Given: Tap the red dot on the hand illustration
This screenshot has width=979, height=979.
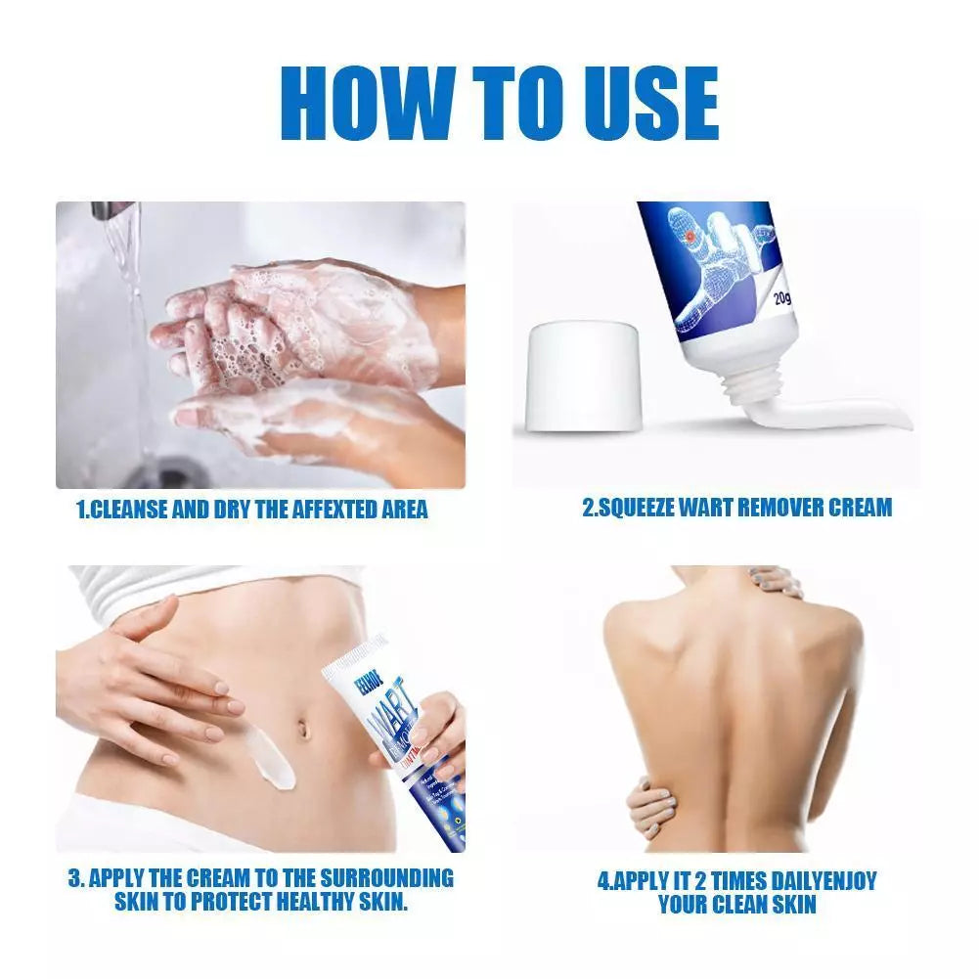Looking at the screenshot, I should coord(691,237).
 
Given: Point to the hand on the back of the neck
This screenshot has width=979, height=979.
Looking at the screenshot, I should coord(773,582).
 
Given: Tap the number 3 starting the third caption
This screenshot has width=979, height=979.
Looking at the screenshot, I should coord(73,876).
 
